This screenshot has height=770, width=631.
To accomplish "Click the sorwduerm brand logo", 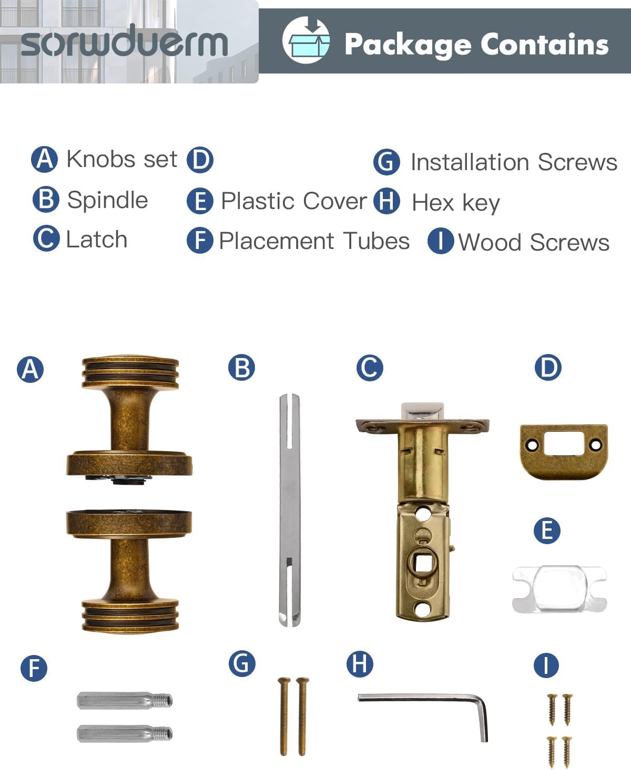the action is pos(124,41).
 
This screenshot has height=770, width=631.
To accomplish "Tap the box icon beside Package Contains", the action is pos(306,40).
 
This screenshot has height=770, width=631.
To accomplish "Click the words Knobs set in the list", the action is pos(122,159).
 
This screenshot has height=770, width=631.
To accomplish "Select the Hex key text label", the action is pos(455,202).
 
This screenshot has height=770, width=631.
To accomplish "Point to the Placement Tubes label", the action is pos(314,241).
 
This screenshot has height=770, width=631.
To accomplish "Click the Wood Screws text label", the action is pos(534,242).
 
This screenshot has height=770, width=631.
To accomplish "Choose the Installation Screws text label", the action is pos(514,162).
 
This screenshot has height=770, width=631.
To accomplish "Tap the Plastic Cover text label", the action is pos(293,201).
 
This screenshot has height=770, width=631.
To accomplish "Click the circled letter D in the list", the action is pos(200,160).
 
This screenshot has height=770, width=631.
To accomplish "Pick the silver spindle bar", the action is pos(290,510).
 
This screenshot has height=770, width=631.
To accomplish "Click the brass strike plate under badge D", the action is pos(563,452).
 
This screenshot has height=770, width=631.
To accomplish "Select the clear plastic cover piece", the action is pos(559,589).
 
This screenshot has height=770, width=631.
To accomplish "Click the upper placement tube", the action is pos(124,701).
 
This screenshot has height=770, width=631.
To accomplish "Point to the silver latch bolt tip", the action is pos(422,411).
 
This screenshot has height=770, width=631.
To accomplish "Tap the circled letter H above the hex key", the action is pos(360,663).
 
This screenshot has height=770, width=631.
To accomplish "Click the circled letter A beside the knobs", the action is pos(30,369).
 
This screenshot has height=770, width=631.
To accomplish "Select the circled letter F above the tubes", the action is pos(34,668).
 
